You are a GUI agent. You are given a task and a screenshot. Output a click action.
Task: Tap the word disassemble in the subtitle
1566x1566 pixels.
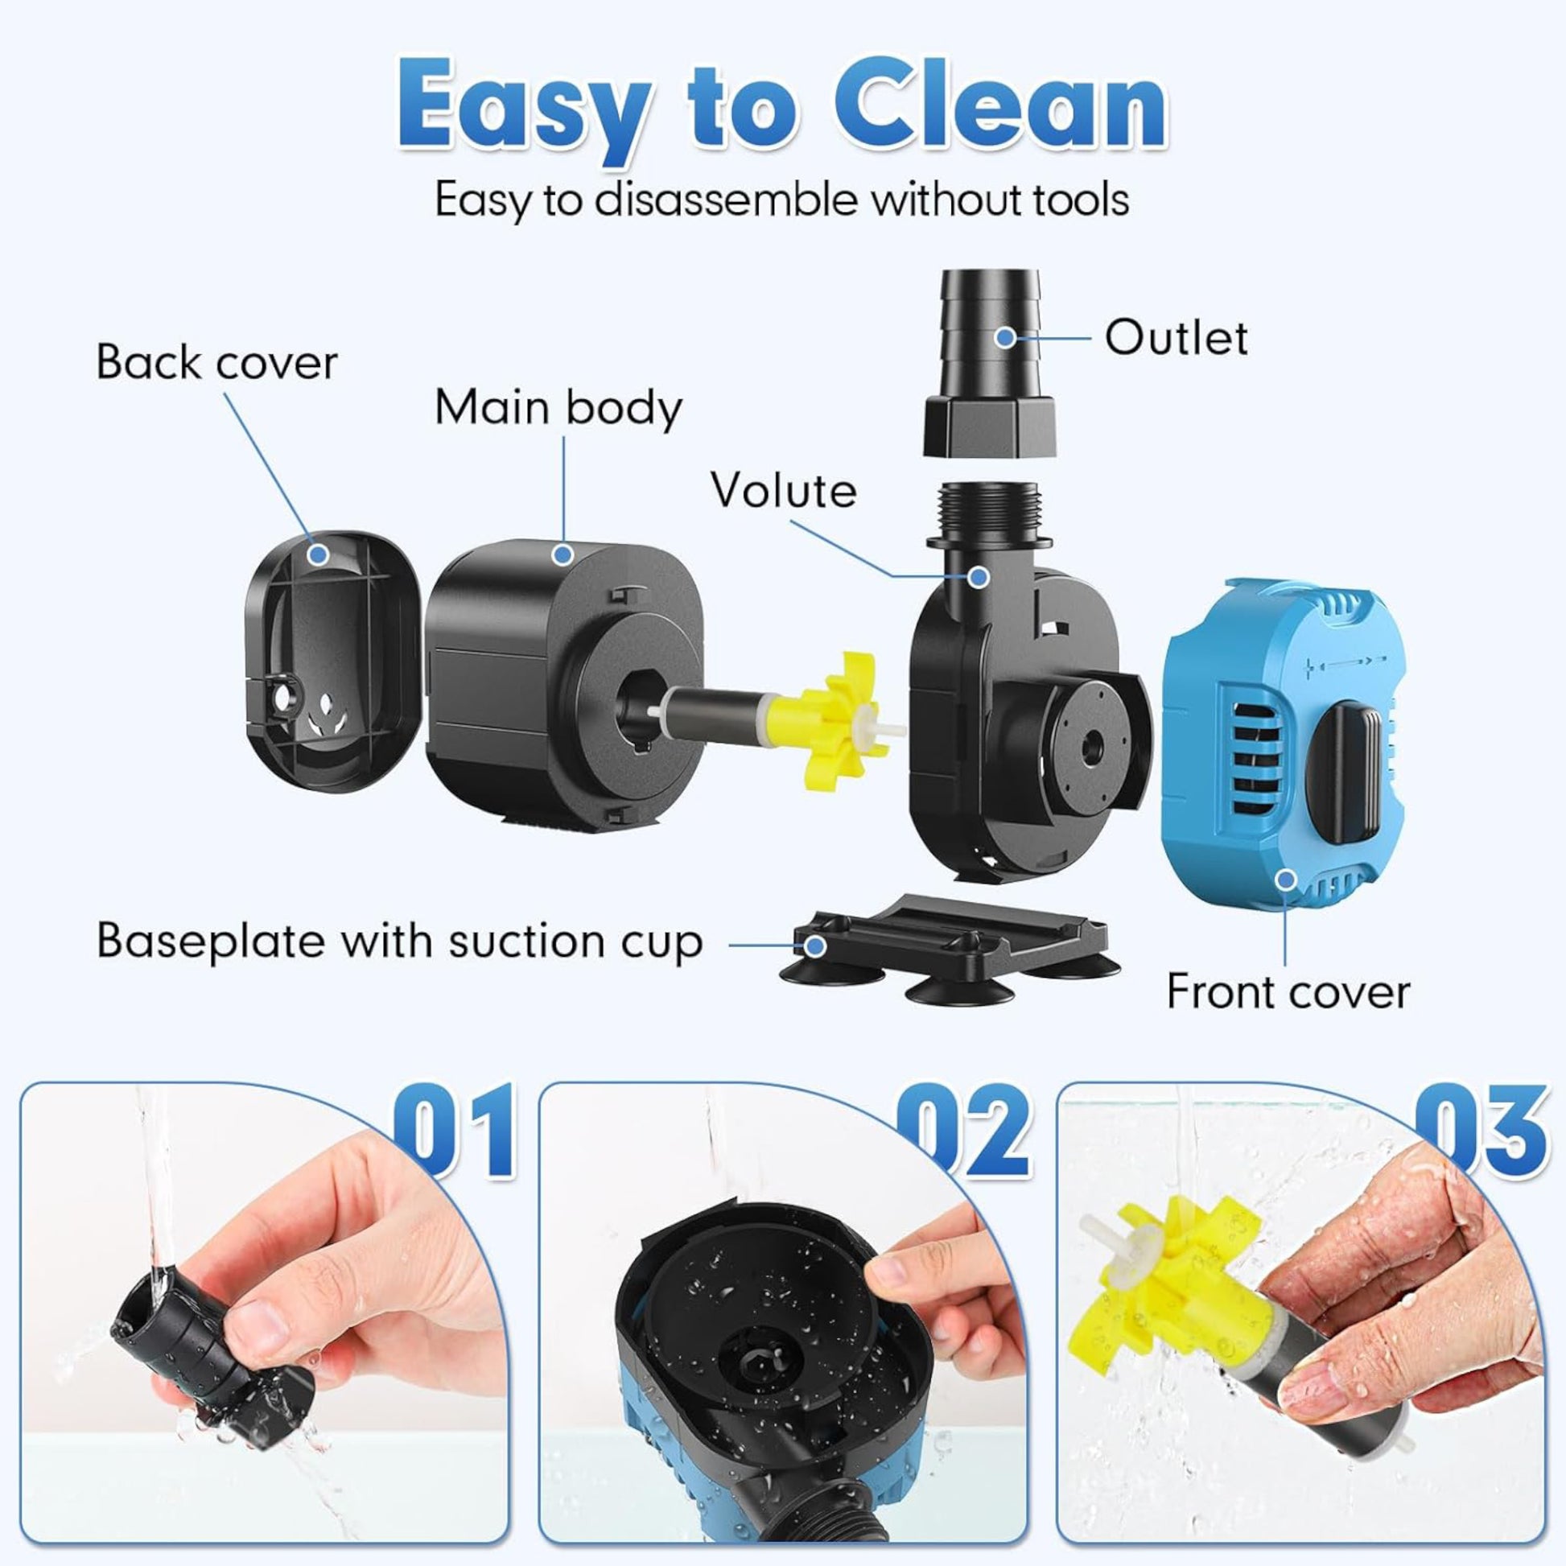pos(725,200)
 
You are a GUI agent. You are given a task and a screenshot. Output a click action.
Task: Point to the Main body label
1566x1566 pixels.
pos(558,408)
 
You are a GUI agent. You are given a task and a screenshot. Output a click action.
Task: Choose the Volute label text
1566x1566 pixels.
pos(784,490)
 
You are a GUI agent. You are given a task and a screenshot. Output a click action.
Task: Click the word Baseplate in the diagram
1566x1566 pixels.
pos(212,941)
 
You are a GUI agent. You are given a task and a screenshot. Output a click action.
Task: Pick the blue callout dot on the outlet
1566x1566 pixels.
pos(1005,337)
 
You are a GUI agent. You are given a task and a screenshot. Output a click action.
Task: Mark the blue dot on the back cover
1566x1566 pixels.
pos(319,554)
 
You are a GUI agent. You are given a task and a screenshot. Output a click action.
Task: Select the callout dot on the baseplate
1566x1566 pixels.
pos(815,944)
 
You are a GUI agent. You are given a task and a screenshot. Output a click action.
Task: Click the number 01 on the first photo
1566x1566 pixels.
pos(453,1131)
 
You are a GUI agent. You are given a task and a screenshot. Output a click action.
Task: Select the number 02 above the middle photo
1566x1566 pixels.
pos(966,1131)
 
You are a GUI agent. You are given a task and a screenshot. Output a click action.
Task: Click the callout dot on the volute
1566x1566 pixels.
pos(979,577)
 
